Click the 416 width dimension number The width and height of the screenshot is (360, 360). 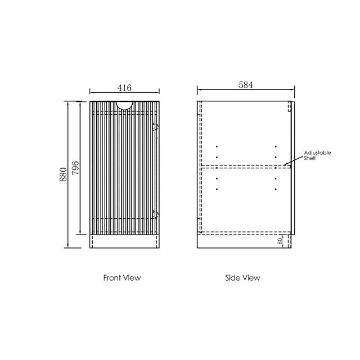point(124,88)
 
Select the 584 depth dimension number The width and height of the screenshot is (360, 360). point(246,85)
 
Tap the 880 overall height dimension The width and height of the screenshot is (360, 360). point(64,175)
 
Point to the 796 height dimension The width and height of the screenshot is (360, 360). point(76,168)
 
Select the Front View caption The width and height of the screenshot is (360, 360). point(122,277)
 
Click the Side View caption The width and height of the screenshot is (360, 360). point(242,277)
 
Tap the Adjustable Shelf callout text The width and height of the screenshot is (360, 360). point(317,155)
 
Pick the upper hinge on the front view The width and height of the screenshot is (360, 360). point(156,128)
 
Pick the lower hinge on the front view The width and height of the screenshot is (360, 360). point(156,214)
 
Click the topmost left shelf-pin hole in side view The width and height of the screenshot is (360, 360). point(217,147)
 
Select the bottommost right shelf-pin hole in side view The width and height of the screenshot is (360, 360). point(276,190)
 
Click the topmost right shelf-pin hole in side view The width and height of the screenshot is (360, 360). point(276,147)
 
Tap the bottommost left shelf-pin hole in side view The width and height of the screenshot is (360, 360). point(217,190)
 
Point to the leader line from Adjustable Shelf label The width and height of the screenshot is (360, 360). point(295,160)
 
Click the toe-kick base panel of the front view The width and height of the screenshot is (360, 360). point(124,242)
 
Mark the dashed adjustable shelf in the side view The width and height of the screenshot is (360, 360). point(245,166)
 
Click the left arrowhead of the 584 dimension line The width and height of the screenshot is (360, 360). point(199,90)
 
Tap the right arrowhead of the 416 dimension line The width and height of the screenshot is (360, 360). point(157,92)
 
